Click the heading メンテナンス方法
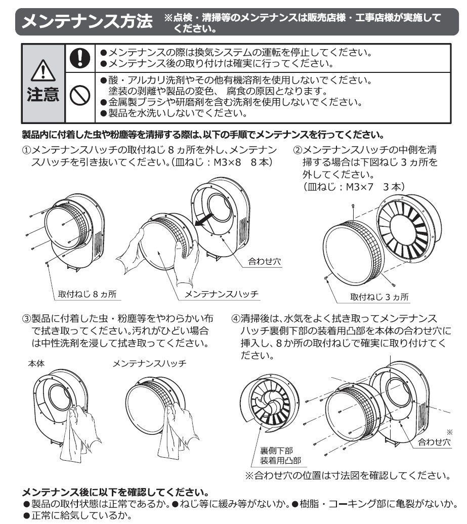coord(87,21)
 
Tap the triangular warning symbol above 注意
coord(43,70)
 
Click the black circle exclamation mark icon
coord(80,58)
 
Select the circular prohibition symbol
coord(80,95)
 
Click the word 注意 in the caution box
coord(43,94)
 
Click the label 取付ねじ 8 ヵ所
coord(87,294)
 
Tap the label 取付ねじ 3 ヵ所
coord(379,297)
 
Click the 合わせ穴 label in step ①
coord(265,261)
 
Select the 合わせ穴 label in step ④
coord(434,442)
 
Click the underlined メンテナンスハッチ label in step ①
coord(222,294)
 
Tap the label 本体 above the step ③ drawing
coord(36,364)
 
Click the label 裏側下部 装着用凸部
coord(281,455)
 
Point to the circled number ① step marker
coord(26,150)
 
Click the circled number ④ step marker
coord(236,318)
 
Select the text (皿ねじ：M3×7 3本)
coord(354,186)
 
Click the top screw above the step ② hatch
coord(353,207)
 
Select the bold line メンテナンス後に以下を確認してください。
coord(115,492)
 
